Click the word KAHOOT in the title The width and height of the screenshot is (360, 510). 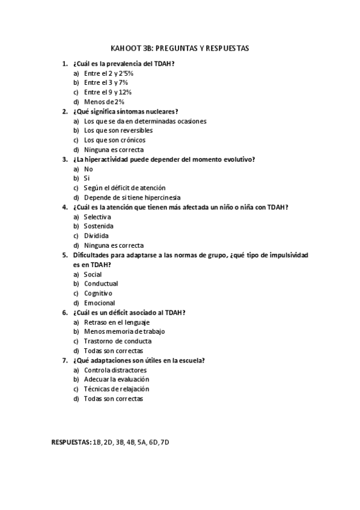pos(124,47)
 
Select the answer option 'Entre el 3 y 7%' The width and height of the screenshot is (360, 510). pos(106,82)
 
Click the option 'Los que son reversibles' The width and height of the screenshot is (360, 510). pos(118,131)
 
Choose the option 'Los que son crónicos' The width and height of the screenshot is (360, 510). pos(114,140)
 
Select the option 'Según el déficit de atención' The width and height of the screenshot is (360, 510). pos(124,188)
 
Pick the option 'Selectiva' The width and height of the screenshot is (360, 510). pos(97,217)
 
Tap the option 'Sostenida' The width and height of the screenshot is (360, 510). pos(99,226)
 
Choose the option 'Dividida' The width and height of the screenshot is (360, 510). pos(96,236)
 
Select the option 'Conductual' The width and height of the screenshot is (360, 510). pos(101,283)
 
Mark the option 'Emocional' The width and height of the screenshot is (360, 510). pos(99,303)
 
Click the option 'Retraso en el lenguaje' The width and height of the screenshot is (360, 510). pos(117,322)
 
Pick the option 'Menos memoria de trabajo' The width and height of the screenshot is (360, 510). pos(124,331)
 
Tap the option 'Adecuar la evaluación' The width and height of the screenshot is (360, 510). pos(117,379)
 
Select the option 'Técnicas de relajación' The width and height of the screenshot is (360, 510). pos(117,389)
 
